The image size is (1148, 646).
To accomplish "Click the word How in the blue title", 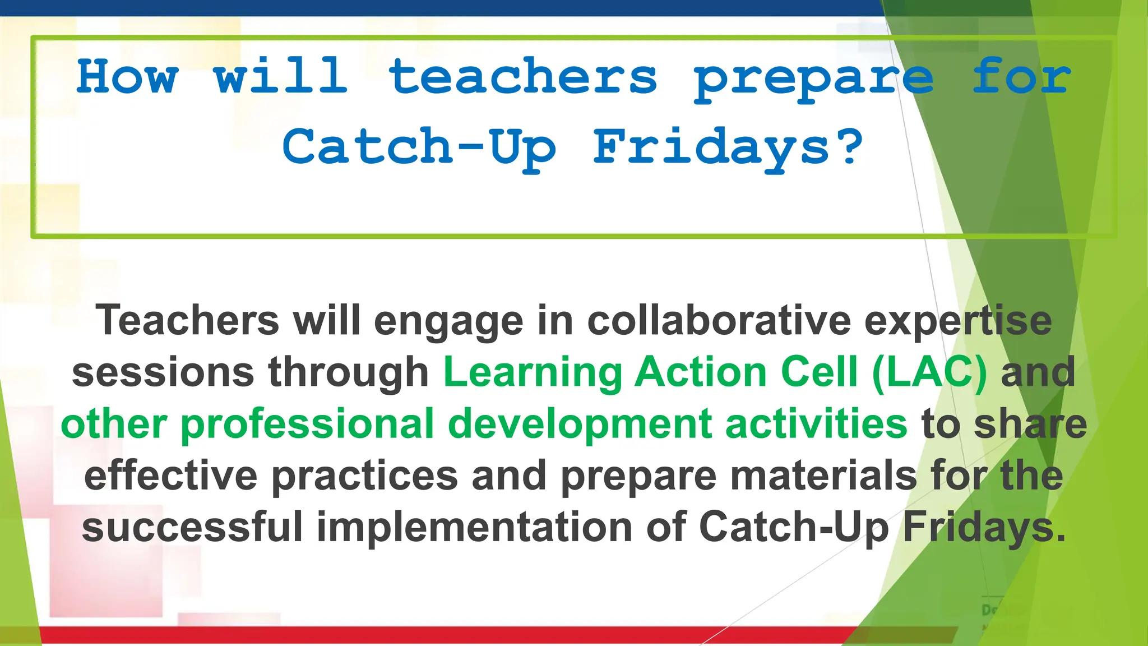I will point(127,77).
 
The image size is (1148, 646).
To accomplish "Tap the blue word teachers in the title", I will point(522,77).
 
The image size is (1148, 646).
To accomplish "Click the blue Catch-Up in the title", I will point(419,147).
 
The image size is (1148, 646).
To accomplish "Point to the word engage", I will point(448,322).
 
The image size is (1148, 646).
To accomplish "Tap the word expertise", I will point(958,322).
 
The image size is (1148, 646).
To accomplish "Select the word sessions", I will point(163,373).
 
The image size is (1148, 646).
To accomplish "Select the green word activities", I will point(816,424).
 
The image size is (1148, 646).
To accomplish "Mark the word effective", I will point(170,476).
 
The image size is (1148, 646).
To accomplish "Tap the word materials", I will point(823,476).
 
